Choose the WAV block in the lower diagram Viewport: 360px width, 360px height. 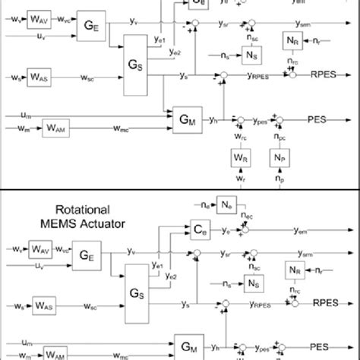39,248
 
